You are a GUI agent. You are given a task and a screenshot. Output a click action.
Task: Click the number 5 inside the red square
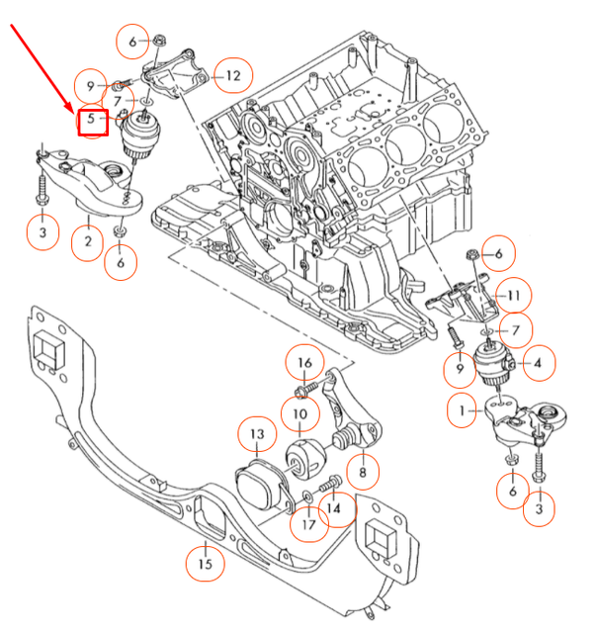tap(92, 120)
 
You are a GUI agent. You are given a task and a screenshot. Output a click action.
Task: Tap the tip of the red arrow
tap(72, 108)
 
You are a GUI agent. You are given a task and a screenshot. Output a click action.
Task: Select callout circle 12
tap(233, 74)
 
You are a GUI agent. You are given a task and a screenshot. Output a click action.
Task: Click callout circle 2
tap(88, 241)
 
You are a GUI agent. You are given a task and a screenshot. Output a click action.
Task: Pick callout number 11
tap(512, 295)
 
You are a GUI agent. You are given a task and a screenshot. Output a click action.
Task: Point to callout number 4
tap(537, 364)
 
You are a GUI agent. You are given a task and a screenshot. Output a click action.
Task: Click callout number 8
tap(363, 473)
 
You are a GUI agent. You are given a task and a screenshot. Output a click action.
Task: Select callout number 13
tap(256, 434)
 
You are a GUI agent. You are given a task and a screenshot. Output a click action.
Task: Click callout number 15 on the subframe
tap(206, 563)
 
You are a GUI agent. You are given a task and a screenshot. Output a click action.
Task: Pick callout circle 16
tap(304, 364)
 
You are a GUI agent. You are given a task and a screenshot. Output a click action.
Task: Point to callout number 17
tap(309, 524)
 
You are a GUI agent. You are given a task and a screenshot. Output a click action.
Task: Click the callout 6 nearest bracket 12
tap(132, 42)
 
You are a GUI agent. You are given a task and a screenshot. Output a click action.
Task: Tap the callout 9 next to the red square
tap(91, 85)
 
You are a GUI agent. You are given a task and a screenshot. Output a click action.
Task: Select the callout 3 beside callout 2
tap(43, 233)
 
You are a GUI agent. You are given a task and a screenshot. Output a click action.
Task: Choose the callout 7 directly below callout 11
tap(515, 329)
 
